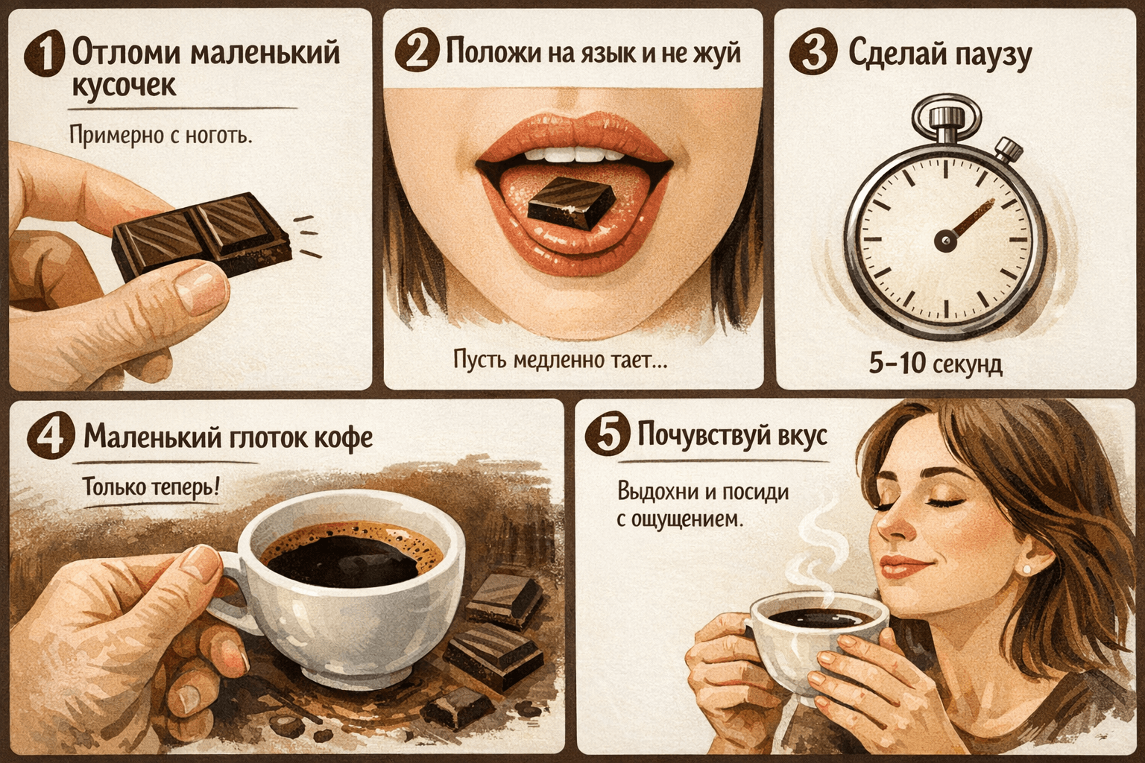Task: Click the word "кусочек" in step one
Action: [x=124, y=86]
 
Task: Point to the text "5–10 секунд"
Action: [x=936, y=364]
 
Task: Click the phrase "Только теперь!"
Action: [x=151, y=487]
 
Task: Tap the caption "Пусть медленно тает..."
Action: [x=561, y=361]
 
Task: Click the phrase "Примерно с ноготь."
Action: [x=161, y=136]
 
